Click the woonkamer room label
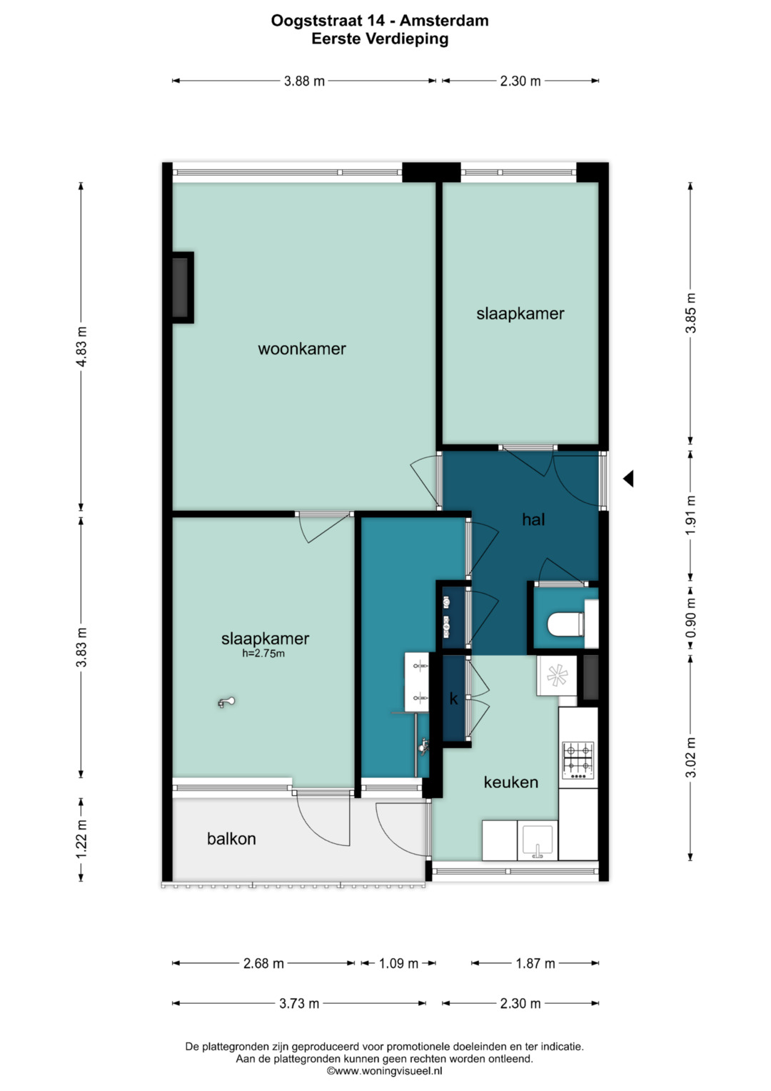click(301, 349)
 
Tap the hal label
click(533, 519)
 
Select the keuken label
click(510, 782)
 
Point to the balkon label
click(231, 838)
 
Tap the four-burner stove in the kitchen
click(578, 759)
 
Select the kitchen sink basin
click(538, 841)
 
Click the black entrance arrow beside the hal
click(628, 479)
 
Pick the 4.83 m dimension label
click(81, 347)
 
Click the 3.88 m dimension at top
click(304, 81)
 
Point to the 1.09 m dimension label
click(398, 963)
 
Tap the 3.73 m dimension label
click(299, 1003)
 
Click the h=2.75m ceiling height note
click(263, 653)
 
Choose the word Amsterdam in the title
click(444, 21)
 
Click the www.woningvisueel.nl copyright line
click(385, 1071)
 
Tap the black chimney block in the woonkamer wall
click(181, 287)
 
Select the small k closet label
click(453, 699)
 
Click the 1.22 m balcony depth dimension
click(81, 839)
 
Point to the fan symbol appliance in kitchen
click(556, 675)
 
